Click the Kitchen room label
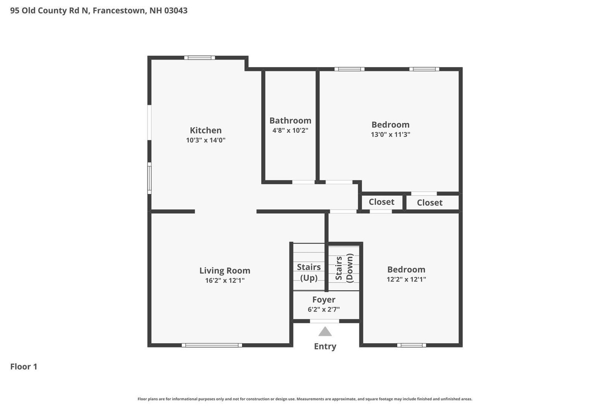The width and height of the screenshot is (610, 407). (x=205, y=130)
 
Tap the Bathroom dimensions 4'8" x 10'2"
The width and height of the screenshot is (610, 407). (x=290, y=130)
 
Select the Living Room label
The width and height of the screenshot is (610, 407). (x=225, y=270)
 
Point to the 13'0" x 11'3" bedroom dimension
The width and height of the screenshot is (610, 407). (x=390, y=134)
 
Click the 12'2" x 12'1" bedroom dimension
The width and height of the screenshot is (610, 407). (x=406, y=279)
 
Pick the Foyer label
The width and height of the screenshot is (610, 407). (x=324, y=299)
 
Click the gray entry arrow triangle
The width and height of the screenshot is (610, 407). (x=325, y=331)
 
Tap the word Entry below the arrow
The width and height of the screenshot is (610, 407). (x=325, y=346)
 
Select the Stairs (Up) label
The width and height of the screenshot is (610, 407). (x=309, y=272)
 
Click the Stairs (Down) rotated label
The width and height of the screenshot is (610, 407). (x=344, y=268)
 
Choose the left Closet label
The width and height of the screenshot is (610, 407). (x=382, y=202)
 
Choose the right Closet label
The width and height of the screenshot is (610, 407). (x=430, y=203)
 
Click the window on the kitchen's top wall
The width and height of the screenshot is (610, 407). (x=200, y=58)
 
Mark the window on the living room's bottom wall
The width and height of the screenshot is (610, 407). (x=212, y=345)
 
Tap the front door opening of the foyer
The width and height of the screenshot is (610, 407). (x=324, y=321)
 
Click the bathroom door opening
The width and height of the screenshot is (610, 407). (x=303, y=182)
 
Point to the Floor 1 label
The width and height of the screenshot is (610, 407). (x=24, y=367)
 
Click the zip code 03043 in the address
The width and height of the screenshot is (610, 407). (x=176, y=10)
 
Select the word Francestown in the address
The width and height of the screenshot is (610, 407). (x=119, y=10)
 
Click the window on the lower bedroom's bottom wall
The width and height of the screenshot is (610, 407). (x=411, y=345)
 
